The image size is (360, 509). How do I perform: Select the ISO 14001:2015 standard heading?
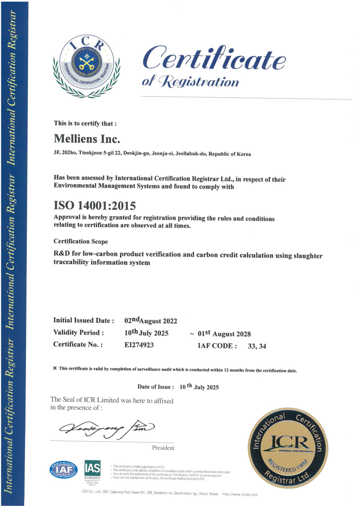94,206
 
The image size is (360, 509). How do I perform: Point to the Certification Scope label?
81,242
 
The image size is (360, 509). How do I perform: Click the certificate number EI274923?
139,345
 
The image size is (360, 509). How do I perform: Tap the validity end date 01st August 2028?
224,334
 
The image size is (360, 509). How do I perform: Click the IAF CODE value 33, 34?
256,346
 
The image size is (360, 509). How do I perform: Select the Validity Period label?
79,333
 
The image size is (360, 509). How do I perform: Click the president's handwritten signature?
107,427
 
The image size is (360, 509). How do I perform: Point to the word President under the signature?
163,448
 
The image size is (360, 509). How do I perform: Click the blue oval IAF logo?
64,470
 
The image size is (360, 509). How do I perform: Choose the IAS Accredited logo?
92,471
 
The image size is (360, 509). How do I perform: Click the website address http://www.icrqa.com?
240,494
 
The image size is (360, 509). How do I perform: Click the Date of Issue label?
156,387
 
